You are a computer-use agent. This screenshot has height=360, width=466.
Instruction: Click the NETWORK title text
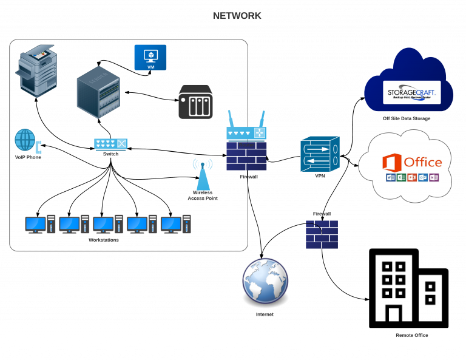(x=237, y=16)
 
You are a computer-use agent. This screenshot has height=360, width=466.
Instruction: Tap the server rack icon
(x=98, y=92)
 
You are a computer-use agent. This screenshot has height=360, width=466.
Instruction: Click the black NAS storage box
(x=195, y=101)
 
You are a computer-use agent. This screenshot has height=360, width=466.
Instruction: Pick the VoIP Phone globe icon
(x=25, y=140)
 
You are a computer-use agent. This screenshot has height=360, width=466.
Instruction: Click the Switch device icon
(x=110, y=144)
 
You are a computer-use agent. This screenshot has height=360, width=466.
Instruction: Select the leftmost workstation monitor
(x=35, y=224)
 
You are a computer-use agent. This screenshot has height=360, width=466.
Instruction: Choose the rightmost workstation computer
(x=177, y=225)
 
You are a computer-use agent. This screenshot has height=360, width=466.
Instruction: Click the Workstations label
(x=104, y=240)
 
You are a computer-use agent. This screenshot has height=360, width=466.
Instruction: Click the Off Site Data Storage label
(x=406, y=118)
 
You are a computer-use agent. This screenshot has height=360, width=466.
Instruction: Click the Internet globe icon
(x=265, y=280)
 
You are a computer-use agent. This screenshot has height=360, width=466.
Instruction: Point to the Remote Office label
(x=412, y=335)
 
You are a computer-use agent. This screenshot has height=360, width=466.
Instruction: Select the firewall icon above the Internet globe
(x=322, y=234)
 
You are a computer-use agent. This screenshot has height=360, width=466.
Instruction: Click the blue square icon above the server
(x=150, y=57)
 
